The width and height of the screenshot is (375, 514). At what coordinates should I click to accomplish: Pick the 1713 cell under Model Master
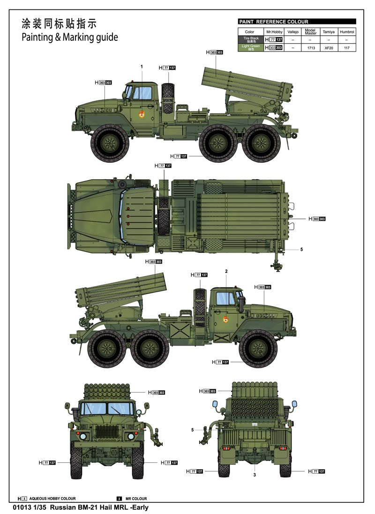tap(310, 48)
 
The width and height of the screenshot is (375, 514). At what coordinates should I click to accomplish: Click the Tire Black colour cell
tap(251, 40)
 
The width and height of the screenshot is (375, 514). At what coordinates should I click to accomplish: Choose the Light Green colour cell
tap(251, 48)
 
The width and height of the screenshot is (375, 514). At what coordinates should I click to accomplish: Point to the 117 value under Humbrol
tap(346, 48)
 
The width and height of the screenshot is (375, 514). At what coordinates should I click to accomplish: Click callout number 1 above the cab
tap(141, 67)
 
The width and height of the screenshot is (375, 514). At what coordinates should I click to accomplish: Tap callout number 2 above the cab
tap(226, 272)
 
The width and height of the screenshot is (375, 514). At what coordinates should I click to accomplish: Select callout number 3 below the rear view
tap(255, 475)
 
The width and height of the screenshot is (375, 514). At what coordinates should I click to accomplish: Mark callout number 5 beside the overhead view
tap(301, 249)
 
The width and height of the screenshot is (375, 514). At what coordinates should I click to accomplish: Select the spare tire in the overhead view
tap(164, 216)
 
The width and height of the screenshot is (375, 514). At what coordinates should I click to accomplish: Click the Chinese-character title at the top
tap(59, 24)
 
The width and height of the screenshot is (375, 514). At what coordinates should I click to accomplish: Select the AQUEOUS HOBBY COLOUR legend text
tap(52, 499)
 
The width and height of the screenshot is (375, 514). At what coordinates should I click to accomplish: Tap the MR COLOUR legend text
tap(136, 499)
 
